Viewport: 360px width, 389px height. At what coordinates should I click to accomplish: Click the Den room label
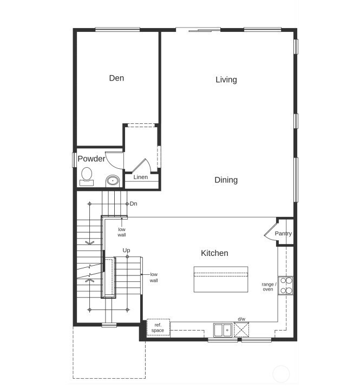[x=116, y=78]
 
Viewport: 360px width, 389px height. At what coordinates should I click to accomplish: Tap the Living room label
[x=226, y=80]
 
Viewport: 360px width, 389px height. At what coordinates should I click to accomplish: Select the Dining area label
[x=226, y=180]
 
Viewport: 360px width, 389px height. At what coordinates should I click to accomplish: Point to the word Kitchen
[x=214, y=253]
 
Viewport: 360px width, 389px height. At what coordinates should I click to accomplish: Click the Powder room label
[x=91, y=159]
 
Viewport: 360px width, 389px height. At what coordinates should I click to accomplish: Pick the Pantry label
[x=283, y=234]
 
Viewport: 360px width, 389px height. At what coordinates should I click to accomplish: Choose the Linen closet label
[x=141, y=177]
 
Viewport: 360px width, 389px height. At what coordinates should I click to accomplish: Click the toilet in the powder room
[x=87, y=175]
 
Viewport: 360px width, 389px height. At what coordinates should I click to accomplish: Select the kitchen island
[x=220, y=279]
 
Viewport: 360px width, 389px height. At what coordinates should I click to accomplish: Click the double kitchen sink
[x=222, y=329]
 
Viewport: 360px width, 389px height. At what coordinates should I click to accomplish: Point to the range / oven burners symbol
[x=286, y=285]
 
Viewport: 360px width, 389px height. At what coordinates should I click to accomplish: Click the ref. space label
[x=158, y=328]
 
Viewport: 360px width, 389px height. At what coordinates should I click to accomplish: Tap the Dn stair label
[x=133, y=204]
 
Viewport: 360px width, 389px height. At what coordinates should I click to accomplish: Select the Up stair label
[x=126, y=250]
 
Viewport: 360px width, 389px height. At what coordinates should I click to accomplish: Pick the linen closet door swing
[x=140, y=165]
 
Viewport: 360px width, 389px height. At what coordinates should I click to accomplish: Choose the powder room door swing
[x=115, y=160]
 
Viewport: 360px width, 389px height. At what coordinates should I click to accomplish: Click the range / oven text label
[x=269, y=287]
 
